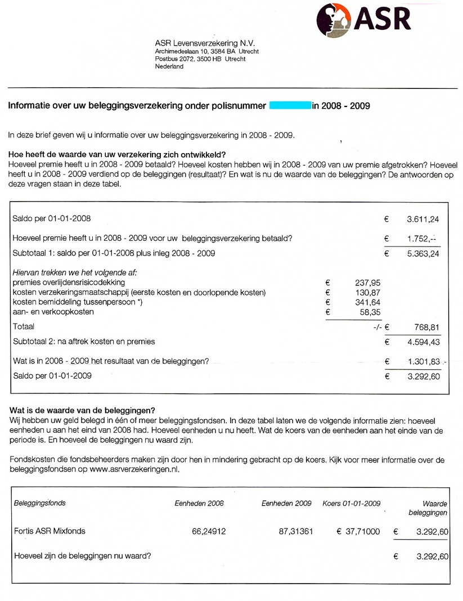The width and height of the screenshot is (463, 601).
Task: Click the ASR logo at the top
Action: click(362, 20)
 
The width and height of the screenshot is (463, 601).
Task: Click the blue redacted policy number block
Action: click(290, 105)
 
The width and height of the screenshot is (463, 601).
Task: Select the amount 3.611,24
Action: click(422, 218)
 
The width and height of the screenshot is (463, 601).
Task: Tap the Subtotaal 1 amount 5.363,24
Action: click(422, 253)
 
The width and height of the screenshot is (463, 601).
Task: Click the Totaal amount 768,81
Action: click(426, 326)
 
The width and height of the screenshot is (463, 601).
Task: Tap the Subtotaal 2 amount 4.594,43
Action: click(422, 342)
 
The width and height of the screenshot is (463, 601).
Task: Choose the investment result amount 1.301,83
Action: click(422, 362)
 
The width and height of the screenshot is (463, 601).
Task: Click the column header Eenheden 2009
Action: click(286, 503)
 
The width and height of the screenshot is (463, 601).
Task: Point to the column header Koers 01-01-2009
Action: click(351, 503)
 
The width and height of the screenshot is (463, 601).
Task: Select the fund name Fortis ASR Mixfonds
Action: click(50, 531)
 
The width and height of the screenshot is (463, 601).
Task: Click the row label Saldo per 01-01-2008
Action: click(51, 218)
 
